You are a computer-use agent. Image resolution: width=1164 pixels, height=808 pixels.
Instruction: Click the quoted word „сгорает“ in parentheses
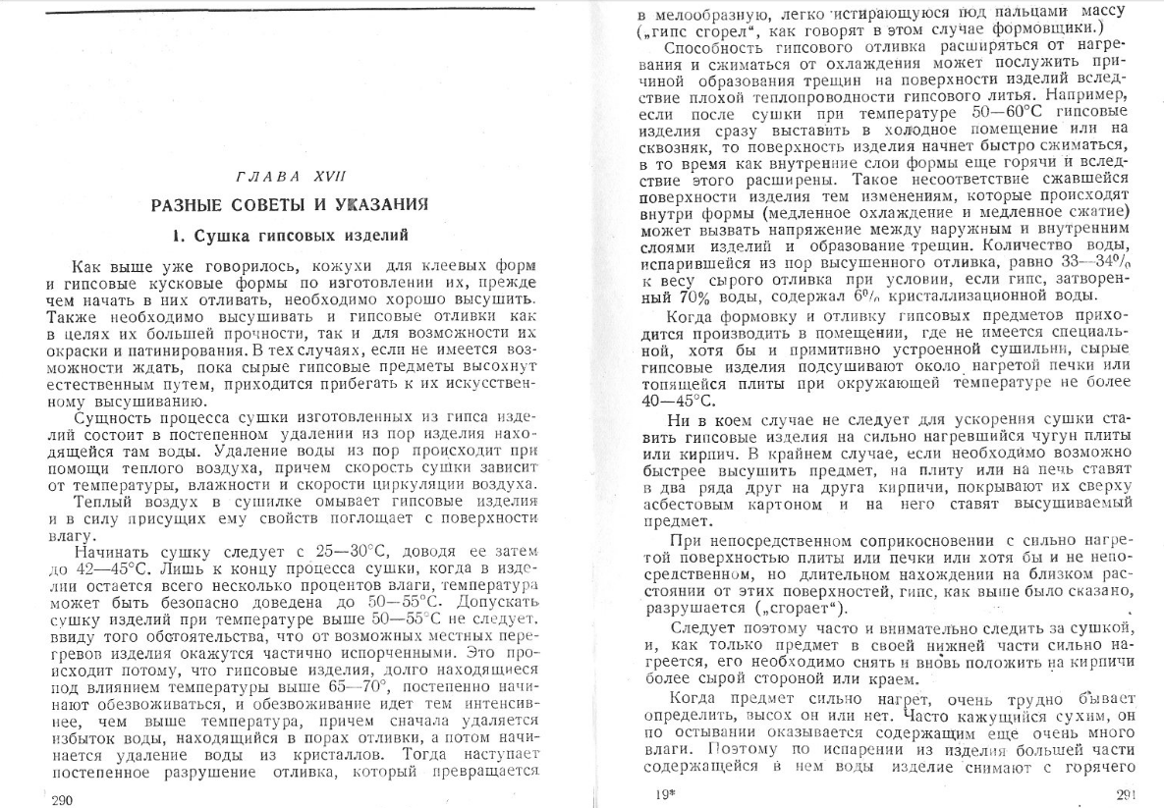click(x=799, y=608)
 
